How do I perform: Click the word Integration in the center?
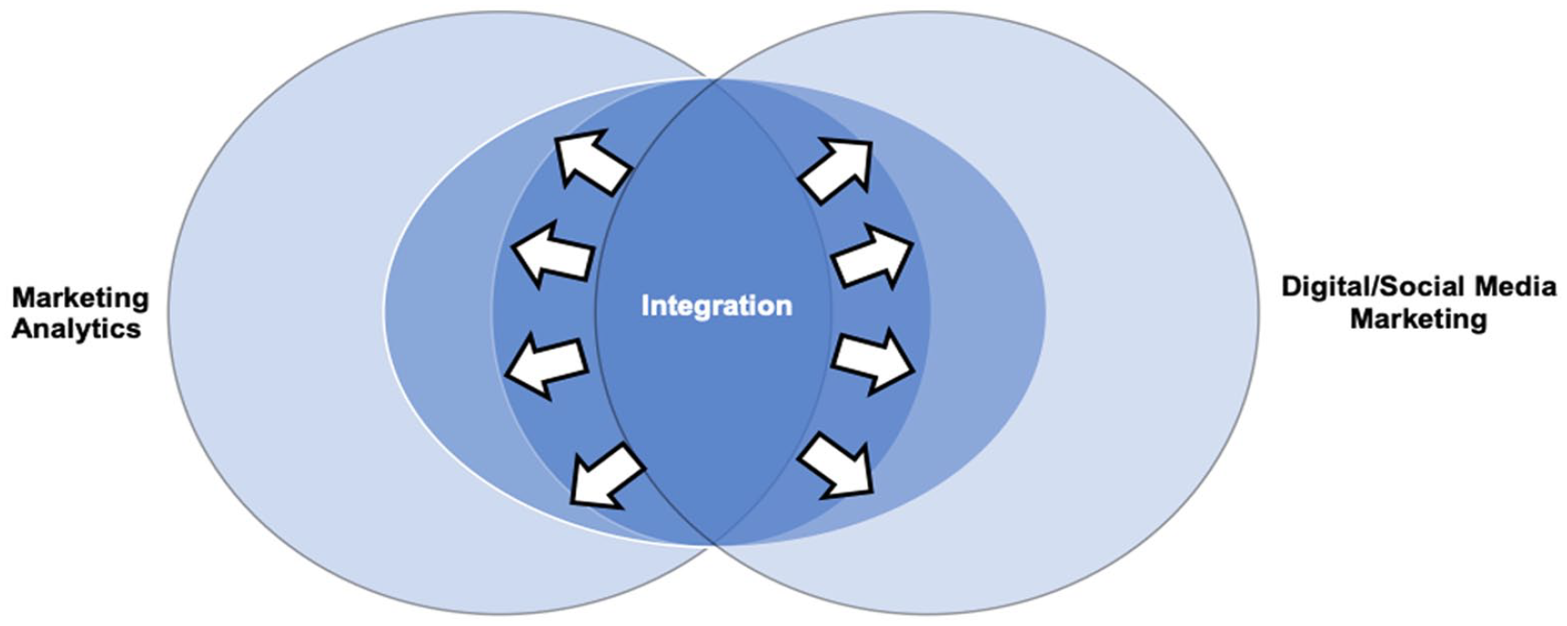click(716, 306)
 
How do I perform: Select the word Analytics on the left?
click(77, 329)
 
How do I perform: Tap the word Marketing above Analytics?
click(80, 298)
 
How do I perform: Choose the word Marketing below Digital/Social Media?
click(1418, 319)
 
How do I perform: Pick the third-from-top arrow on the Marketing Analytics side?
click(547, 363)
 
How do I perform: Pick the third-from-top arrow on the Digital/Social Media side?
click(873, 360)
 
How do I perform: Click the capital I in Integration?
click(645, 305)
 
